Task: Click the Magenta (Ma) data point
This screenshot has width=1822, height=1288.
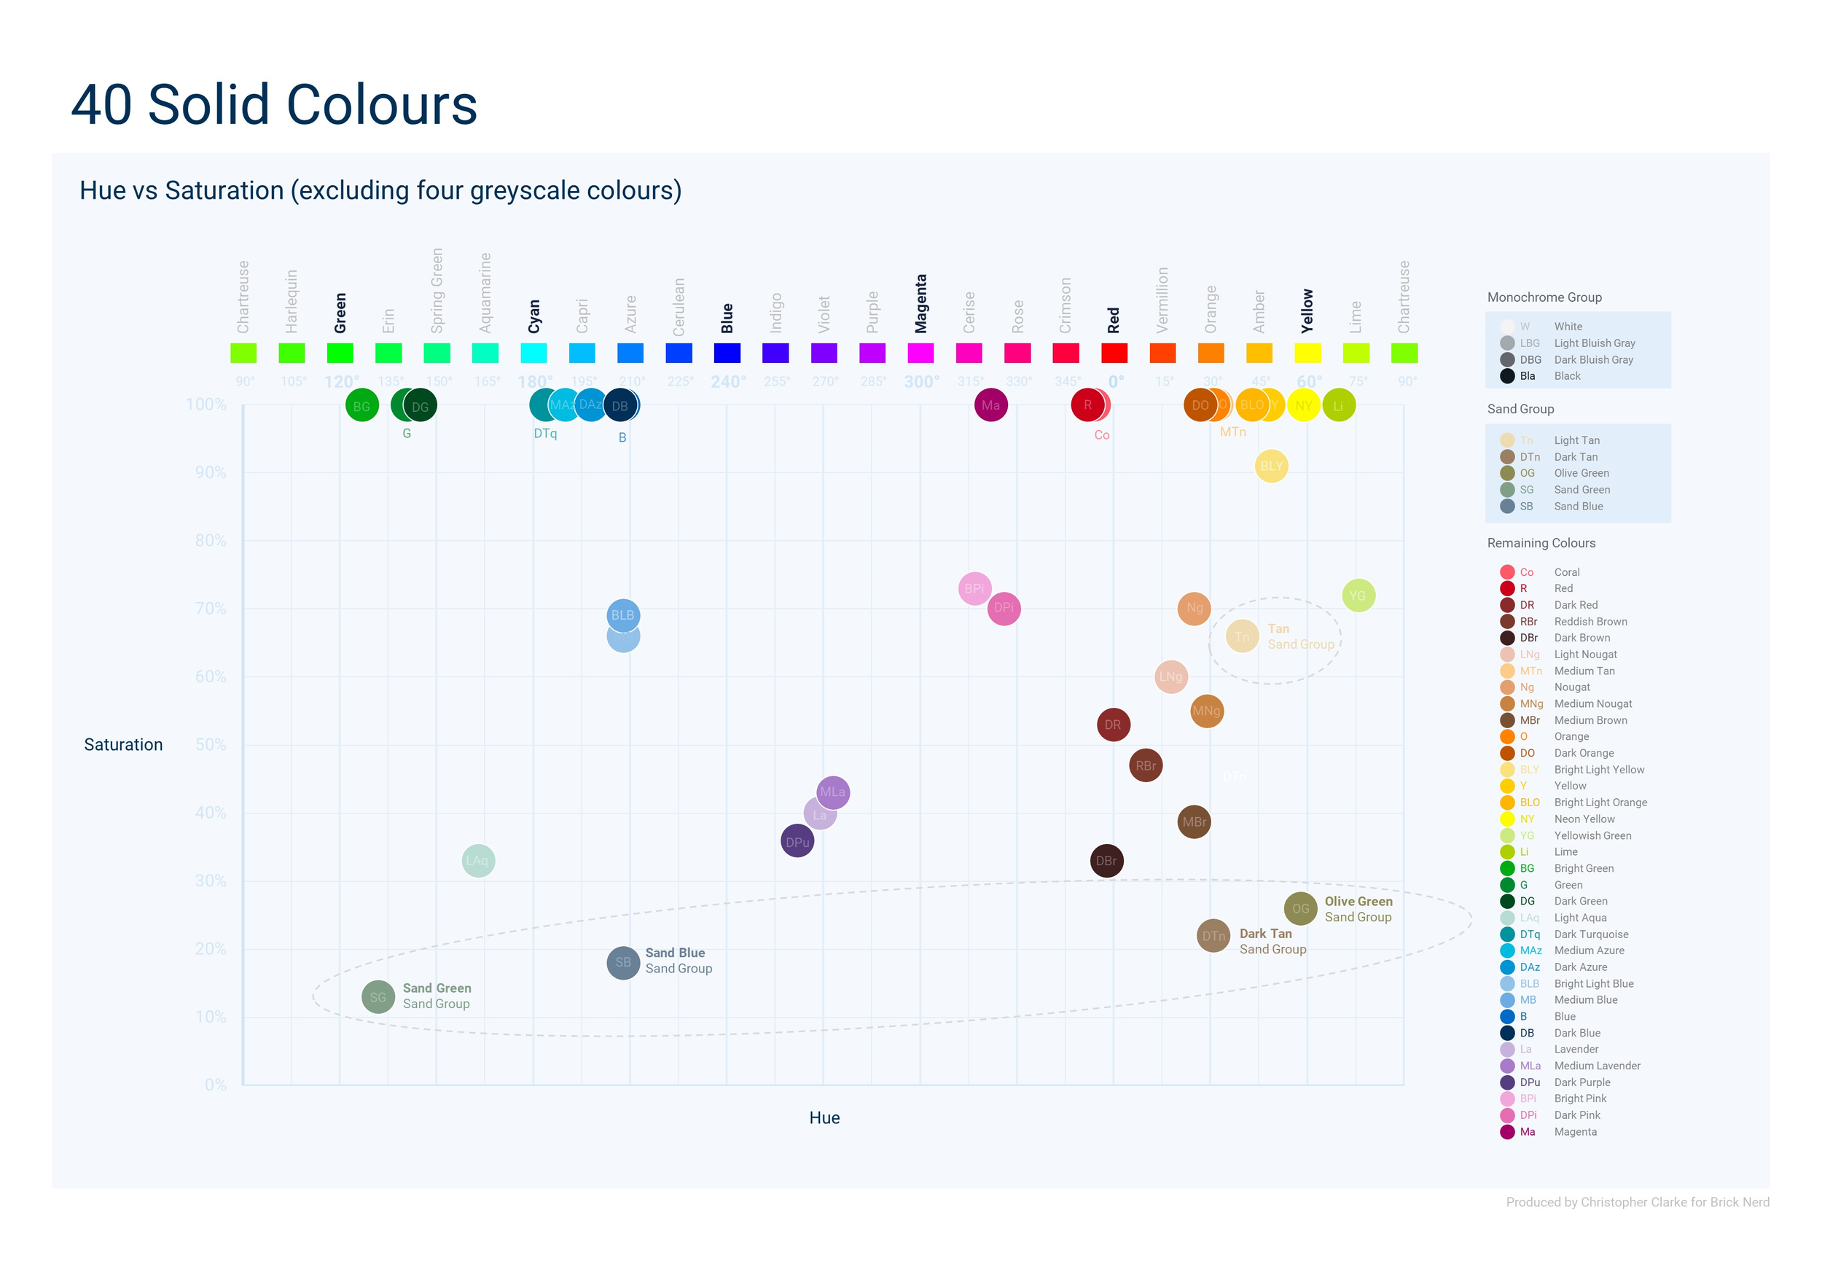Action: (990, 405)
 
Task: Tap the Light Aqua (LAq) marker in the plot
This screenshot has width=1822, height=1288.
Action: (477, 860)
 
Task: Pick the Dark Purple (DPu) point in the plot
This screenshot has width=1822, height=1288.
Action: (797, 842)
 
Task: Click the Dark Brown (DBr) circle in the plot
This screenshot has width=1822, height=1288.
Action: (1106, 860)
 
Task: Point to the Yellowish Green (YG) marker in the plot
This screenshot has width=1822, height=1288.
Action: (1358, 596)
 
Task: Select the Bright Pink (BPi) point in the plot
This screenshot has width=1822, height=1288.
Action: (974, 588)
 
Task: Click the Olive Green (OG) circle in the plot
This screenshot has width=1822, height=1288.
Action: (1300, 909)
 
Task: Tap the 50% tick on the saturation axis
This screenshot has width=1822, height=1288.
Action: (211, 744)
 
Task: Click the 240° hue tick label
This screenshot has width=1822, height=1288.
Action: (727, 382)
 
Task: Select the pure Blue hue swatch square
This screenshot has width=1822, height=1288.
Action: (727, 352)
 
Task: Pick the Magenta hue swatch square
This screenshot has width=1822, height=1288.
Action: (920, 352)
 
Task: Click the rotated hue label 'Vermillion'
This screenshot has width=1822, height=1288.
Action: (1162, 300)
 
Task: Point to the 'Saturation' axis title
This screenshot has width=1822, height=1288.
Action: (123, 744)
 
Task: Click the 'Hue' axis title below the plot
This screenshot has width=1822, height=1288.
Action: (824, 1117)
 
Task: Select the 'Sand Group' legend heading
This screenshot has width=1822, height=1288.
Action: (1520, 409)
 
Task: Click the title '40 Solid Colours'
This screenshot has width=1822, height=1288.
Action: (274, 105)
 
